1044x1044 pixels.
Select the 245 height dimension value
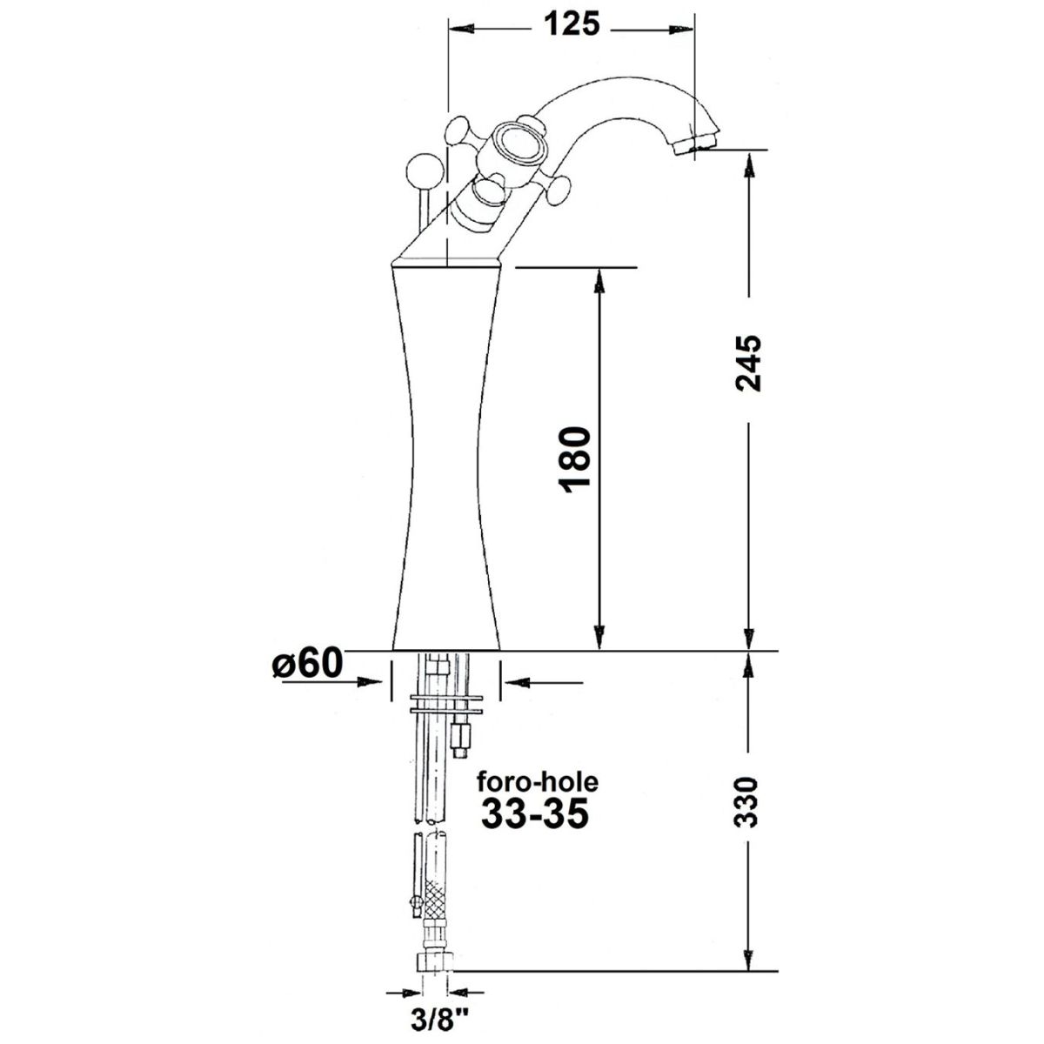point(748,363)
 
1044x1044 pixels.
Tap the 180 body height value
point(575,458)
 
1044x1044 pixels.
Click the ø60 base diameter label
point(308,663)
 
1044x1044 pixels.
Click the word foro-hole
point(538,782)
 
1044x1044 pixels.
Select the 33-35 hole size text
point(534,813)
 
